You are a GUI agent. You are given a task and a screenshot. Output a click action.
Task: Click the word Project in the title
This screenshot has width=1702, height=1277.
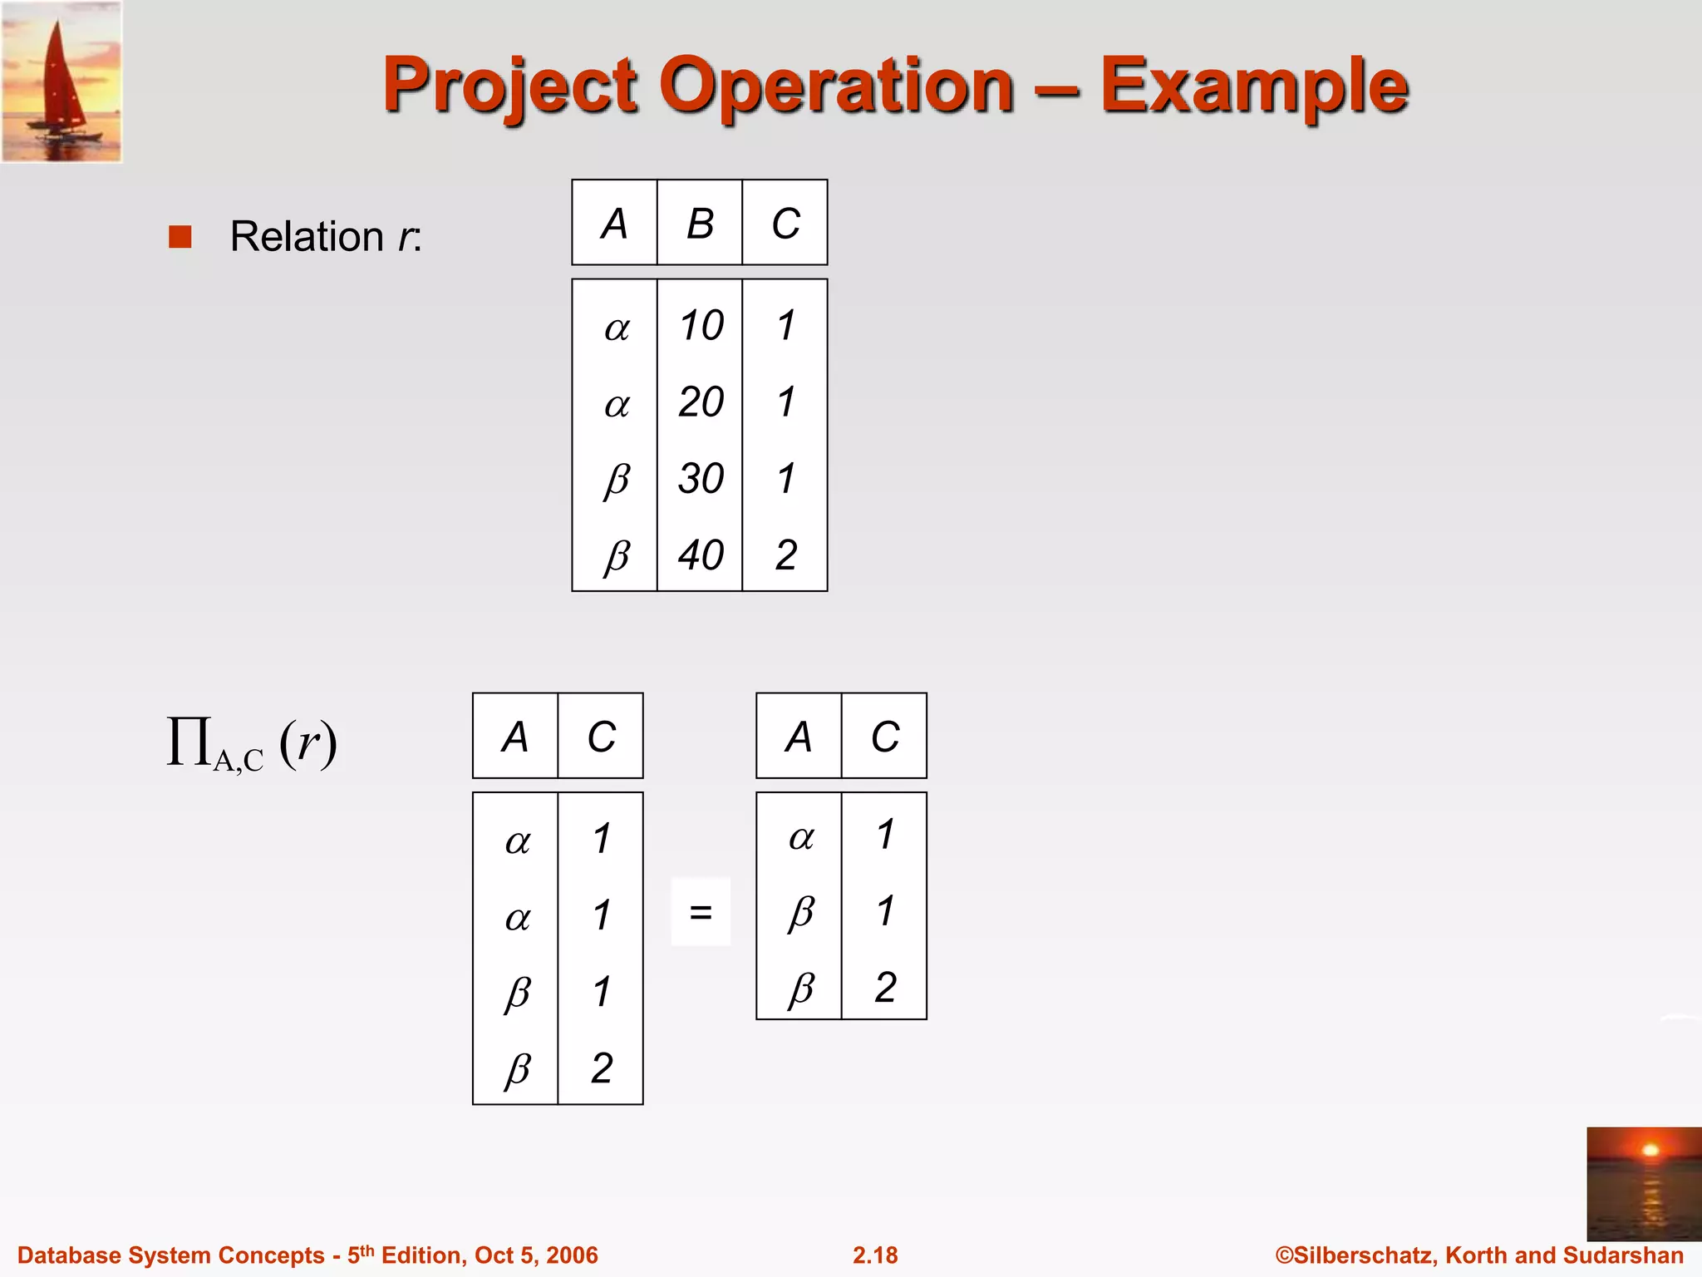click(x=510, y=86)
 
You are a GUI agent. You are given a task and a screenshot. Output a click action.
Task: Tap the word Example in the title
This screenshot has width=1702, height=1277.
click(x=1254, y=86)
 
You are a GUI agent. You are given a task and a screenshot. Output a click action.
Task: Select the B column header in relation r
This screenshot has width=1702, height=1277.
click(x=700, y=224)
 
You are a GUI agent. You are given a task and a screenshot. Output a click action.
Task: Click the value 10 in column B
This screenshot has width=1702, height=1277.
click(x=701, y=325)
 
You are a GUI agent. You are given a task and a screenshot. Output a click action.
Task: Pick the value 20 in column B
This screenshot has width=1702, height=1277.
click(x=701, y=402)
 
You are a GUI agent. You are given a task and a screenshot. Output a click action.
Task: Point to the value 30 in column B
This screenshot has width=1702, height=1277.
click(x=701, y=479)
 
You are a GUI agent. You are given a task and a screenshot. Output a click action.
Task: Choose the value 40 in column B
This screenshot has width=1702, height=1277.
click(x=701, y=555)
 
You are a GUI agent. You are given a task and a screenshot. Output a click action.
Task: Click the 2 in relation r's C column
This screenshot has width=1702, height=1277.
click(x=786, y=555)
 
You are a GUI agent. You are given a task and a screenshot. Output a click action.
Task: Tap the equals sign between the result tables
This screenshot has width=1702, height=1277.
click(x=701, y=912)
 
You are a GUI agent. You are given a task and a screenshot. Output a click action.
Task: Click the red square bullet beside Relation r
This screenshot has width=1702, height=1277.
click(x=180, y=237)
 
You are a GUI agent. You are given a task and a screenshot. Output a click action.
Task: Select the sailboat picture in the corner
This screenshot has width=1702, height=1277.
click(x=62, y=81)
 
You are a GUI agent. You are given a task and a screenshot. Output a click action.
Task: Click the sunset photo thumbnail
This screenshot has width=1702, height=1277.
click(x=1643, y=1183)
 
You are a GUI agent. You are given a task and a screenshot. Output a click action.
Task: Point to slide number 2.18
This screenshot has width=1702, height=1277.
click(x=875, y=1255)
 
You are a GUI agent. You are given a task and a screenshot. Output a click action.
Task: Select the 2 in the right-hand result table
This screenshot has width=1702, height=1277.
click(x=885, y=988)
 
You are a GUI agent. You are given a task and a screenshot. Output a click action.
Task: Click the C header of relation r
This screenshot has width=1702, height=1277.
click(x=785, y=224)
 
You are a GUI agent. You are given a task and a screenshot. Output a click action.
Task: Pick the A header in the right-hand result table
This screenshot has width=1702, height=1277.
click(x=799, y=737)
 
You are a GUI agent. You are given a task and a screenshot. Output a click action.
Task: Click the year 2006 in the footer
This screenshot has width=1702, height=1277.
click(x=572, y=1255)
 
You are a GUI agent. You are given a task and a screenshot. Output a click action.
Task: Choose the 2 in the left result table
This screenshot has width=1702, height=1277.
click(x=602, y=1068)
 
